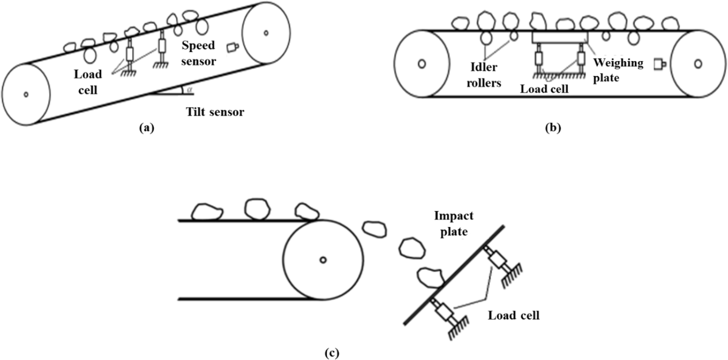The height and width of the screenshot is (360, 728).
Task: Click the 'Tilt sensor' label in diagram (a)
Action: (215, 112)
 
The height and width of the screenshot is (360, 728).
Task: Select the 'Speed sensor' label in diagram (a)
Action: (199, 53)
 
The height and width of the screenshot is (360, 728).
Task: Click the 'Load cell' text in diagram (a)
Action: (88, 82)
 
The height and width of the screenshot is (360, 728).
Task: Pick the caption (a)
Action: (146, 128)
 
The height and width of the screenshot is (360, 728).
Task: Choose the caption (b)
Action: (553, 128)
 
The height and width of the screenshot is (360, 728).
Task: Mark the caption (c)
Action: (331, 353)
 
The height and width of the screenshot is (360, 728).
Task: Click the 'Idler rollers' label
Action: (483, 75)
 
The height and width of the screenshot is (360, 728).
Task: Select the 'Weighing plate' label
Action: (618, 70)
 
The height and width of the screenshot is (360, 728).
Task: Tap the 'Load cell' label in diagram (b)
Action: (544, 89)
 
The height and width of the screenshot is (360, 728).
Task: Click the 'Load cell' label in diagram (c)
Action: (513, 315)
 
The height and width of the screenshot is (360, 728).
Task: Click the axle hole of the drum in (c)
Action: (323, 260)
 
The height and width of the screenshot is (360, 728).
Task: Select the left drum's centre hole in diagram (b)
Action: (421, 64)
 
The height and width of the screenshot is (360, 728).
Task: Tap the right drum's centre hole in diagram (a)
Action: (266, 32)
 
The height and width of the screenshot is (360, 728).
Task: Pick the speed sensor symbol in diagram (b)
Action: (659, 64)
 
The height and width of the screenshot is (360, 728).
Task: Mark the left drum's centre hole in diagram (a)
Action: (26, 94)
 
